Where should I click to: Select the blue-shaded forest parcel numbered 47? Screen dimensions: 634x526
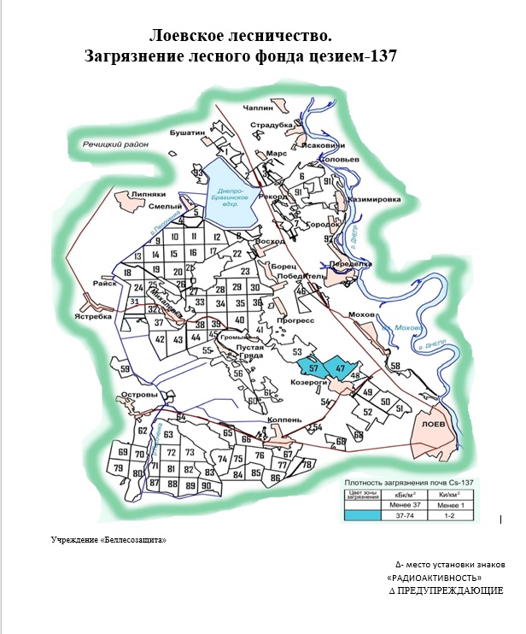[340, 367]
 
